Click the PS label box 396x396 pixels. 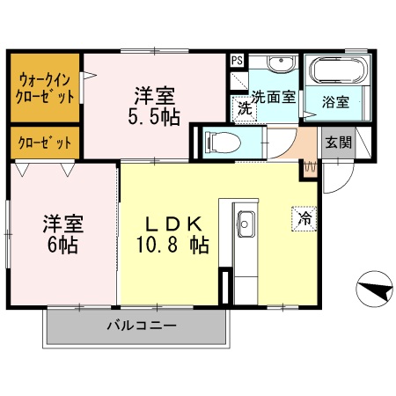[237, 60]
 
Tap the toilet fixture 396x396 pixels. [216, 142]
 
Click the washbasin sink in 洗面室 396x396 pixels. [282, 68]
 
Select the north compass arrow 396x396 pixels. [372, 287]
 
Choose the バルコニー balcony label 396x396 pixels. [143, 326]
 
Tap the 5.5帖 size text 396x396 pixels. [158, 115]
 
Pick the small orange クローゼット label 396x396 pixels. [44, 141]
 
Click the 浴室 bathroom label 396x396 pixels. [335, 102]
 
